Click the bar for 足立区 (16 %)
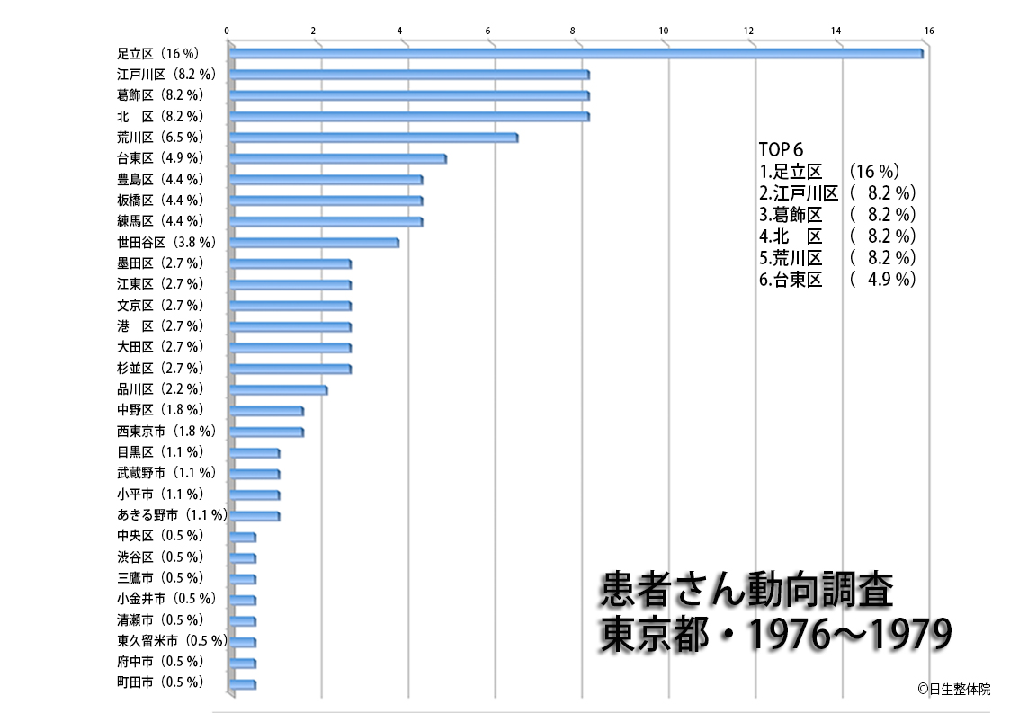point(576,53)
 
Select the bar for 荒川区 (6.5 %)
point(373,138)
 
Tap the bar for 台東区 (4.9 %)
point(337,158)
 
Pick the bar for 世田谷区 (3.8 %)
point(313,243)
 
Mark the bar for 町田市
point(242,684)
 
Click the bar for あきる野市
point(254,516)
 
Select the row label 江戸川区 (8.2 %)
point(166,74)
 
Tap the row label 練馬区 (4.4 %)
point(160,221)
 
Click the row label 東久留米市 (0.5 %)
point(171,641)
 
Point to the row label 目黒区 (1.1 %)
point(160,452)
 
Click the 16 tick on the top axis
point(929,31)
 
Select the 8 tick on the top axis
point(574,31)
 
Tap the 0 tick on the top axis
point(227,31)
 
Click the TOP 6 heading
point(781,150)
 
